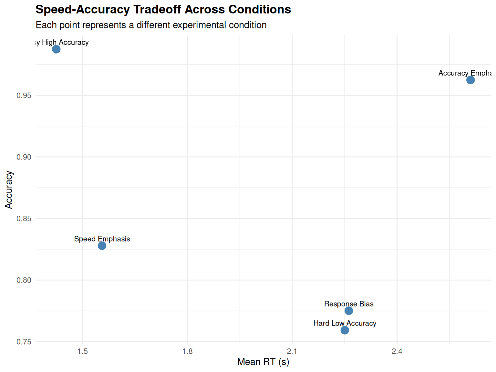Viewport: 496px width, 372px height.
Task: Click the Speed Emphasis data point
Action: coord(102,246)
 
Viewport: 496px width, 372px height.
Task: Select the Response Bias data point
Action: coord(349,311)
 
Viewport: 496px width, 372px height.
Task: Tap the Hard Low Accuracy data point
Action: coord(345,330)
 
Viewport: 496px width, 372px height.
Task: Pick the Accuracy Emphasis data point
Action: coord(470,80)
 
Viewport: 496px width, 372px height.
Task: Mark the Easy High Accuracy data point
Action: coord(56,49)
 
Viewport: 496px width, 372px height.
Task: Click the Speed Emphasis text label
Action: coord(102,239)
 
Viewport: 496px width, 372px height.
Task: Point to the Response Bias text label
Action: coord(349,304)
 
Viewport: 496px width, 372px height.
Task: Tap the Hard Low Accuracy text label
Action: coord(345,323)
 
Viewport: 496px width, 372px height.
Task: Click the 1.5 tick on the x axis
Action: coord(83,351)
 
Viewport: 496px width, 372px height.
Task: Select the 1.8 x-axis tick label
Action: coord(188,351)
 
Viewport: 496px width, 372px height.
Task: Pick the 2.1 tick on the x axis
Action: coord(292,351)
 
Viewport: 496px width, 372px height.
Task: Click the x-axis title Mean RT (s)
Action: coord(263,362)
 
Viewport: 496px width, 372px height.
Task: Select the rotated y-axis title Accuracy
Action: coord(9,190)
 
